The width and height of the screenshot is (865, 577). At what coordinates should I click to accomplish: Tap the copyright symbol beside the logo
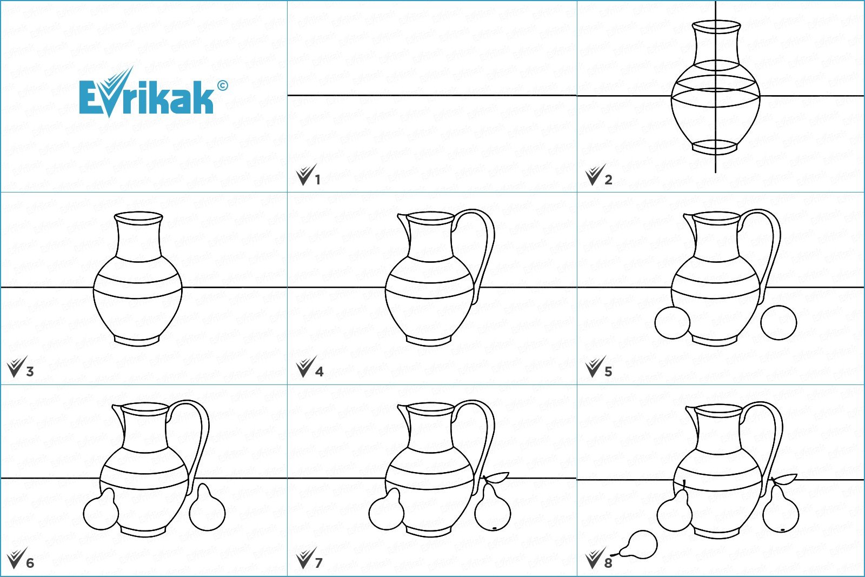[x=222, y=85]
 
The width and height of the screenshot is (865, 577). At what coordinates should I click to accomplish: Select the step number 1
[x=318, y=180]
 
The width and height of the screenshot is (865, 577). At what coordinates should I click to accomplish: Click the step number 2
[x=608, y=180]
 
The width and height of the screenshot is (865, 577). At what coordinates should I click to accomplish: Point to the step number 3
[x=30, y=372]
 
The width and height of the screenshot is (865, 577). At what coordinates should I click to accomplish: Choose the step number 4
[x=319, y=372]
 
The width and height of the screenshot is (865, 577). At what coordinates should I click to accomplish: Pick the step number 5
[x=608, y=372]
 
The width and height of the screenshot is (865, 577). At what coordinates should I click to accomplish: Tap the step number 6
[x=30, y=563]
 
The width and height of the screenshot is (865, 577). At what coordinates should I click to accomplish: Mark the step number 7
[x=318, y=563]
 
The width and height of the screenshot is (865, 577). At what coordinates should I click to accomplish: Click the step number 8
[x=608, y=563]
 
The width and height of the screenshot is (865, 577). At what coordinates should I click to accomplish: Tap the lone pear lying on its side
[x=639, y=545]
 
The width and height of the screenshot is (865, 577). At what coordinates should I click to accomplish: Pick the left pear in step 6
[x=101, y=509]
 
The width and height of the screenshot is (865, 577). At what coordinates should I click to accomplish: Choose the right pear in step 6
[x=208, y=507]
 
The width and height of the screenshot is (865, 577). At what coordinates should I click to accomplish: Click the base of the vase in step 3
[x=138, y=340]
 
